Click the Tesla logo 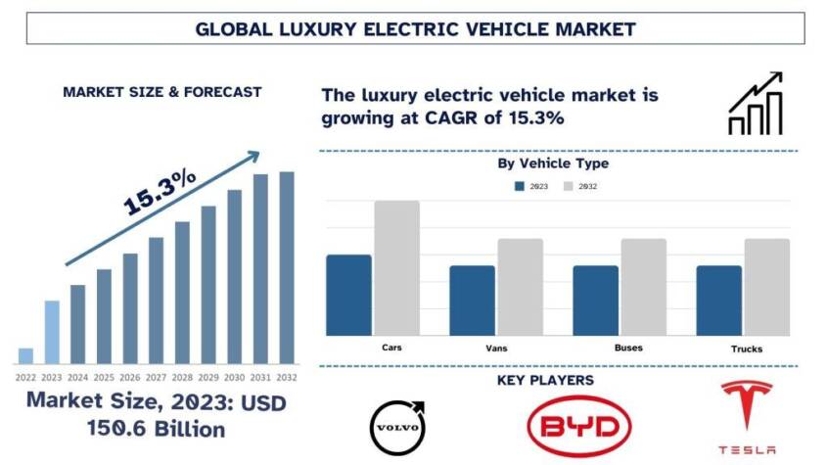click(748, 417)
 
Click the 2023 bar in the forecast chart click(52, 332)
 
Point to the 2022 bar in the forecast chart click(25, 355)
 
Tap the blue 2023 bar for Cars click(348, 295)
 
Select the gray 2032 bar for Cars click(396, 267)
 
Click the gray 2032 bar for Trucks click(766, 286)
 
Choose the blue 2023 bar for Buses click(595, 300)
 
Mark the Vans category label click(495, 349)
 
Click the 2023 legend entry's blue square click(520, 186)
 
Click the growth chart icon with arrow click(755, 103)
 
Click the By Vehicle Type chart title click(553, 163)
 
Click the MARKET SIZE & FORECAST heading click(161, 92)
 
